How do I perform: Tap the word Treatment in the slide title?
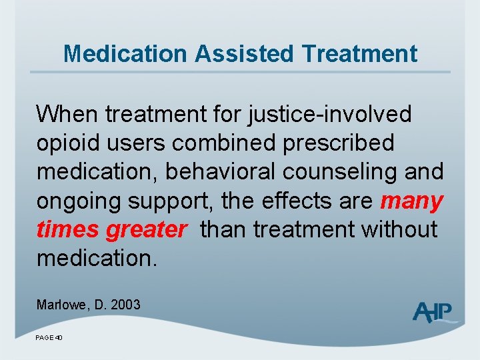pyautogui.click(x=356, y=53)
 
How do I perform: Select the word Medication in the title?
pyautogui.click(x=125, y=53)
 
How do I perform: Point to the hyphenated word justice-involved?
pyautogui.click(x=329, y=115)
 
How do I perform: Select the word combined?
pyautogui.click(x=242, y=143)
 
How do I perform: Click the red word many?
pyautogui.click(x=411, y=201)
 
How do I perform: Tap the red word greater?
pyautogui.click(x=146, y=229)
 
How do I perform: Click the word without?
pyautogui.click(x=399, y=229)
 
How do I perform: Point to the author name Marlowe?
pyautogui.click(x=61, y=305)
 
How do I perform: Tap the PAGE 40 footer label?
pyautogui.click(x=49, y=338)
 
